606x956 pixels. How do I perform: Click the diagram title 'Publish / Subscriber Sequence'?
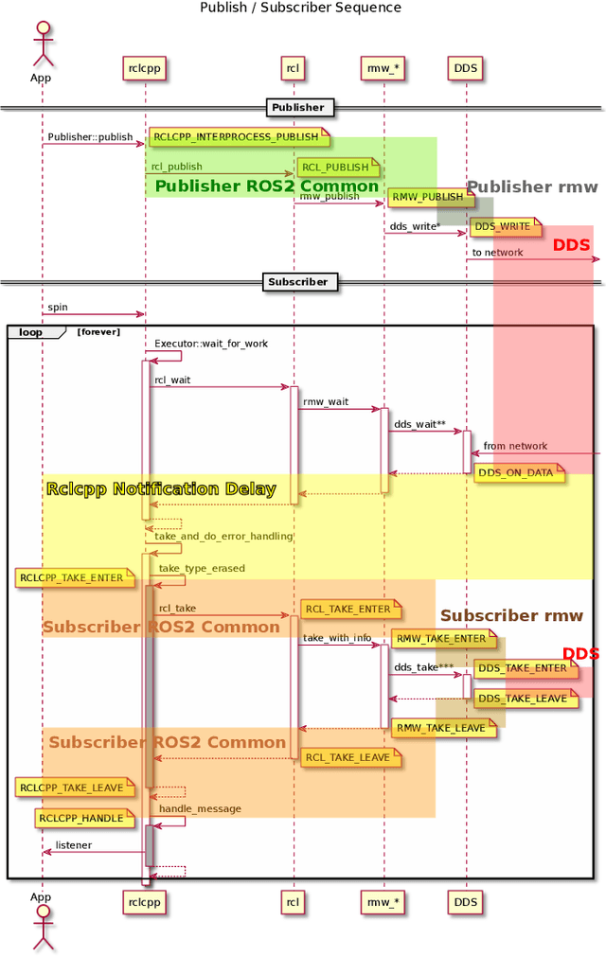[x=300, y=8]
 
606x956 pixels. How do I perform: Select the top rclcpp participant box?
[x=145, y=67]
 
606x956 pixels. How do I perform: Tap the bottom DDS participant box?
[x=466, y=902]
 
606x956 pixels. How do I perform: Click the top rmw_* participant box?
[x=383, y=67]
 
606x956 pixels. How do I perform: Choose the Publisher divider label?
[x=298, y=108]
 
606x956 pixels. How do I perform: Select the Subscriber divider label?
[x=298, y=281]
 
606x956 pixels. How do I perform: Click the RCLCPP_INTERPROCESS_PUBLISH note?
[x=237, y=137]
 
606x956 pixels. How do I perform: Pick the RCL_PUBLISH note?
[x=336, y=168]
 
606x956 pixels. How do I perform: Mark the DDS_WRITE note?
[x=503, y=226]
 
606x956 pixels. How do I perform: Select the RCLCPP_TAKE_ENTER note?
[x=72, y=577]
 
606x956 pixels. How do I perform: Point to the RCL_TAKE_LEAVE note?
[x=348, y=757]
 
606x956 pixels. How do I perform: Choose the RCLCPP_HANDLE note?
[x=81, y=818]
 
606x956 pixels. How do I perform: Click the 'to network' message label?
[x=497, y=253]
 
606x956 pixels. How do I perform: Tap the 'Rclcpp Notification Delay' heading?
[x=161, y=489]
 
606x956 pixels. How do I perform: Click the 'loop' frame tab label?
[x=31, y=332]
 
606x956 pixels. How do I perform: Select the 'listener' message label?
[x=74, y=844]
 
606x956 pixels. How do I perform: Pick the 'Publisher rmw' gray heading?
[x=532, y=187]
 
